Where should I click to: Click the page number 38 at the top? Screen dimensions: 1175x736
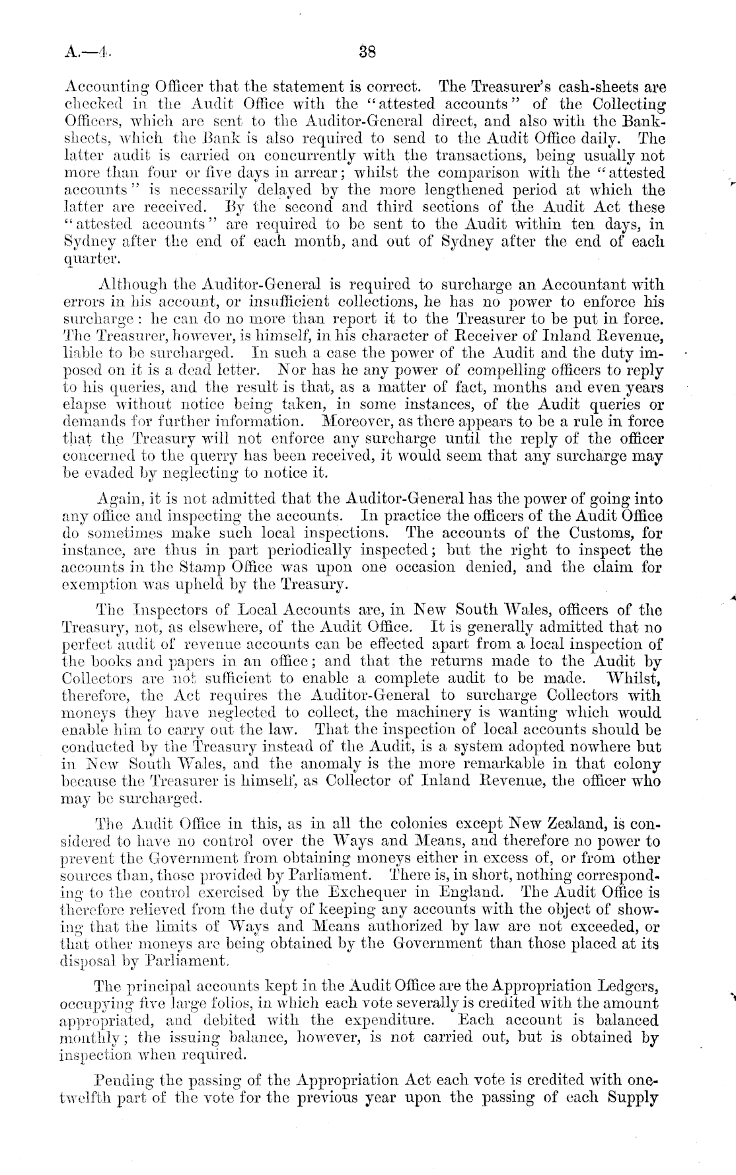tap(367, 52)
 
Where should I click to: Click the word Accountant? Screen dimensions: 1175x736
tap(595, 285)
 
